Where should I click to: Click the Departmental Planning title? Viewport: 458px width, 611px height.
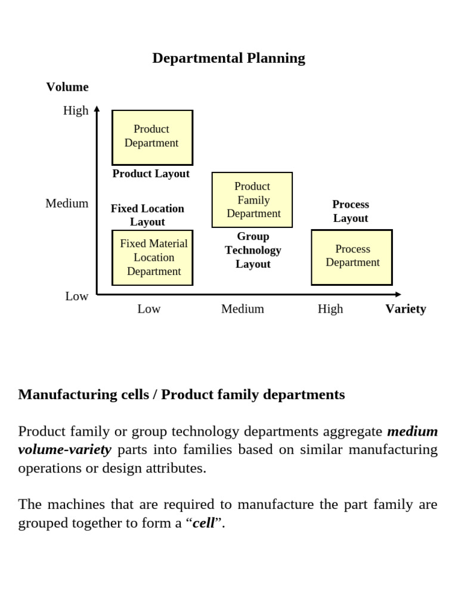pyautogui.click(x=228, y=58)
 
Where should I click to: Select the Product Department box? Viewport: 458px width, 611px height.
pyautogui.click(x=152, y=137)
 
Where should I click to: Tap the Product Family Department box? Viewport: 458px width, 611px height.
pyautogui.click(x=252, y=200)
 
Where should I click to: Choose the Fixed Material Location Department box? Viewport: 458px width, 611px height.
pyautogui.click(x=153, y=257)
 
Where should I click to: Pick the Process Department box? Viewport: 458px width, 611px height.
pyautogui.click(x=352, y=257)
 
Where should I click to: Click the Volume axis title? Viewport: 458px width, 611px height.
pyautogui.click(x=67, y=87)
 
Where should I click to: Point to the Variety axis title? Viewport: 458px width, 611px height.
pyautogui.click(x=406, y=308)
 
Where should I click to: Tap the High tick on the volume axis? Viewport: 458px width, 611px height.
pyautogui.click(x=76, y=110)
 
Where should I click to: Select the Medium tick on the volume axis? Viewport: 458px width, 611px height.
pyautogui.click(x=67, y=203)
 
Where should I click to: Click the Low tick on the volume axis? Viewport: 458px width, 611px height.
pyautogui.click(x=77, y=296)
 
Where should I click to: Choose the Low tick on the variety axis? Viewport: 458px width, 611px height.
pyautogui.click(x=149, y=308)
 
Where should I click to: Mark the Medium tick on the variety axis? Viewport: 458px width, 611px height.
pyautogui.click(x=242, y=308)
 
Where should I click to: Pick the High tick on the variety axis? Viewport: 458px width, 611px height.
pyautogui.click(x=330, y=308)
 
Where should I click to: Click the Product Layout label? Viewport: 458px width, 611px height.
pyautogui.click(x=151, y=174)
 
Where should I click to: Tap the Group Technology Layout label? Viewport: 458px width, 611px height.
pyautogui.click(x=253, y=250)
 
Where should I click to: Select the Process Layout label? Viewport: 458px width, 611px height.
pyautogui.click(x=351, y=211)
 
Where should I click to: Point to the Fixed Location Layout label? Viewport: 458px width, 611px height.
pyautogui.click(x=147, y=215)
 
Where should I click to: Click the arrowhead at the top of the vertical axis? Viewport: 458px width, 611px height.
pyautogui.click(x=97, y=109)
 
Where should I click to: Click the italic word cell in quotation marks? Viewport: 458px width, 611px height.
pyautogui.click(x=203, y=523)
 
